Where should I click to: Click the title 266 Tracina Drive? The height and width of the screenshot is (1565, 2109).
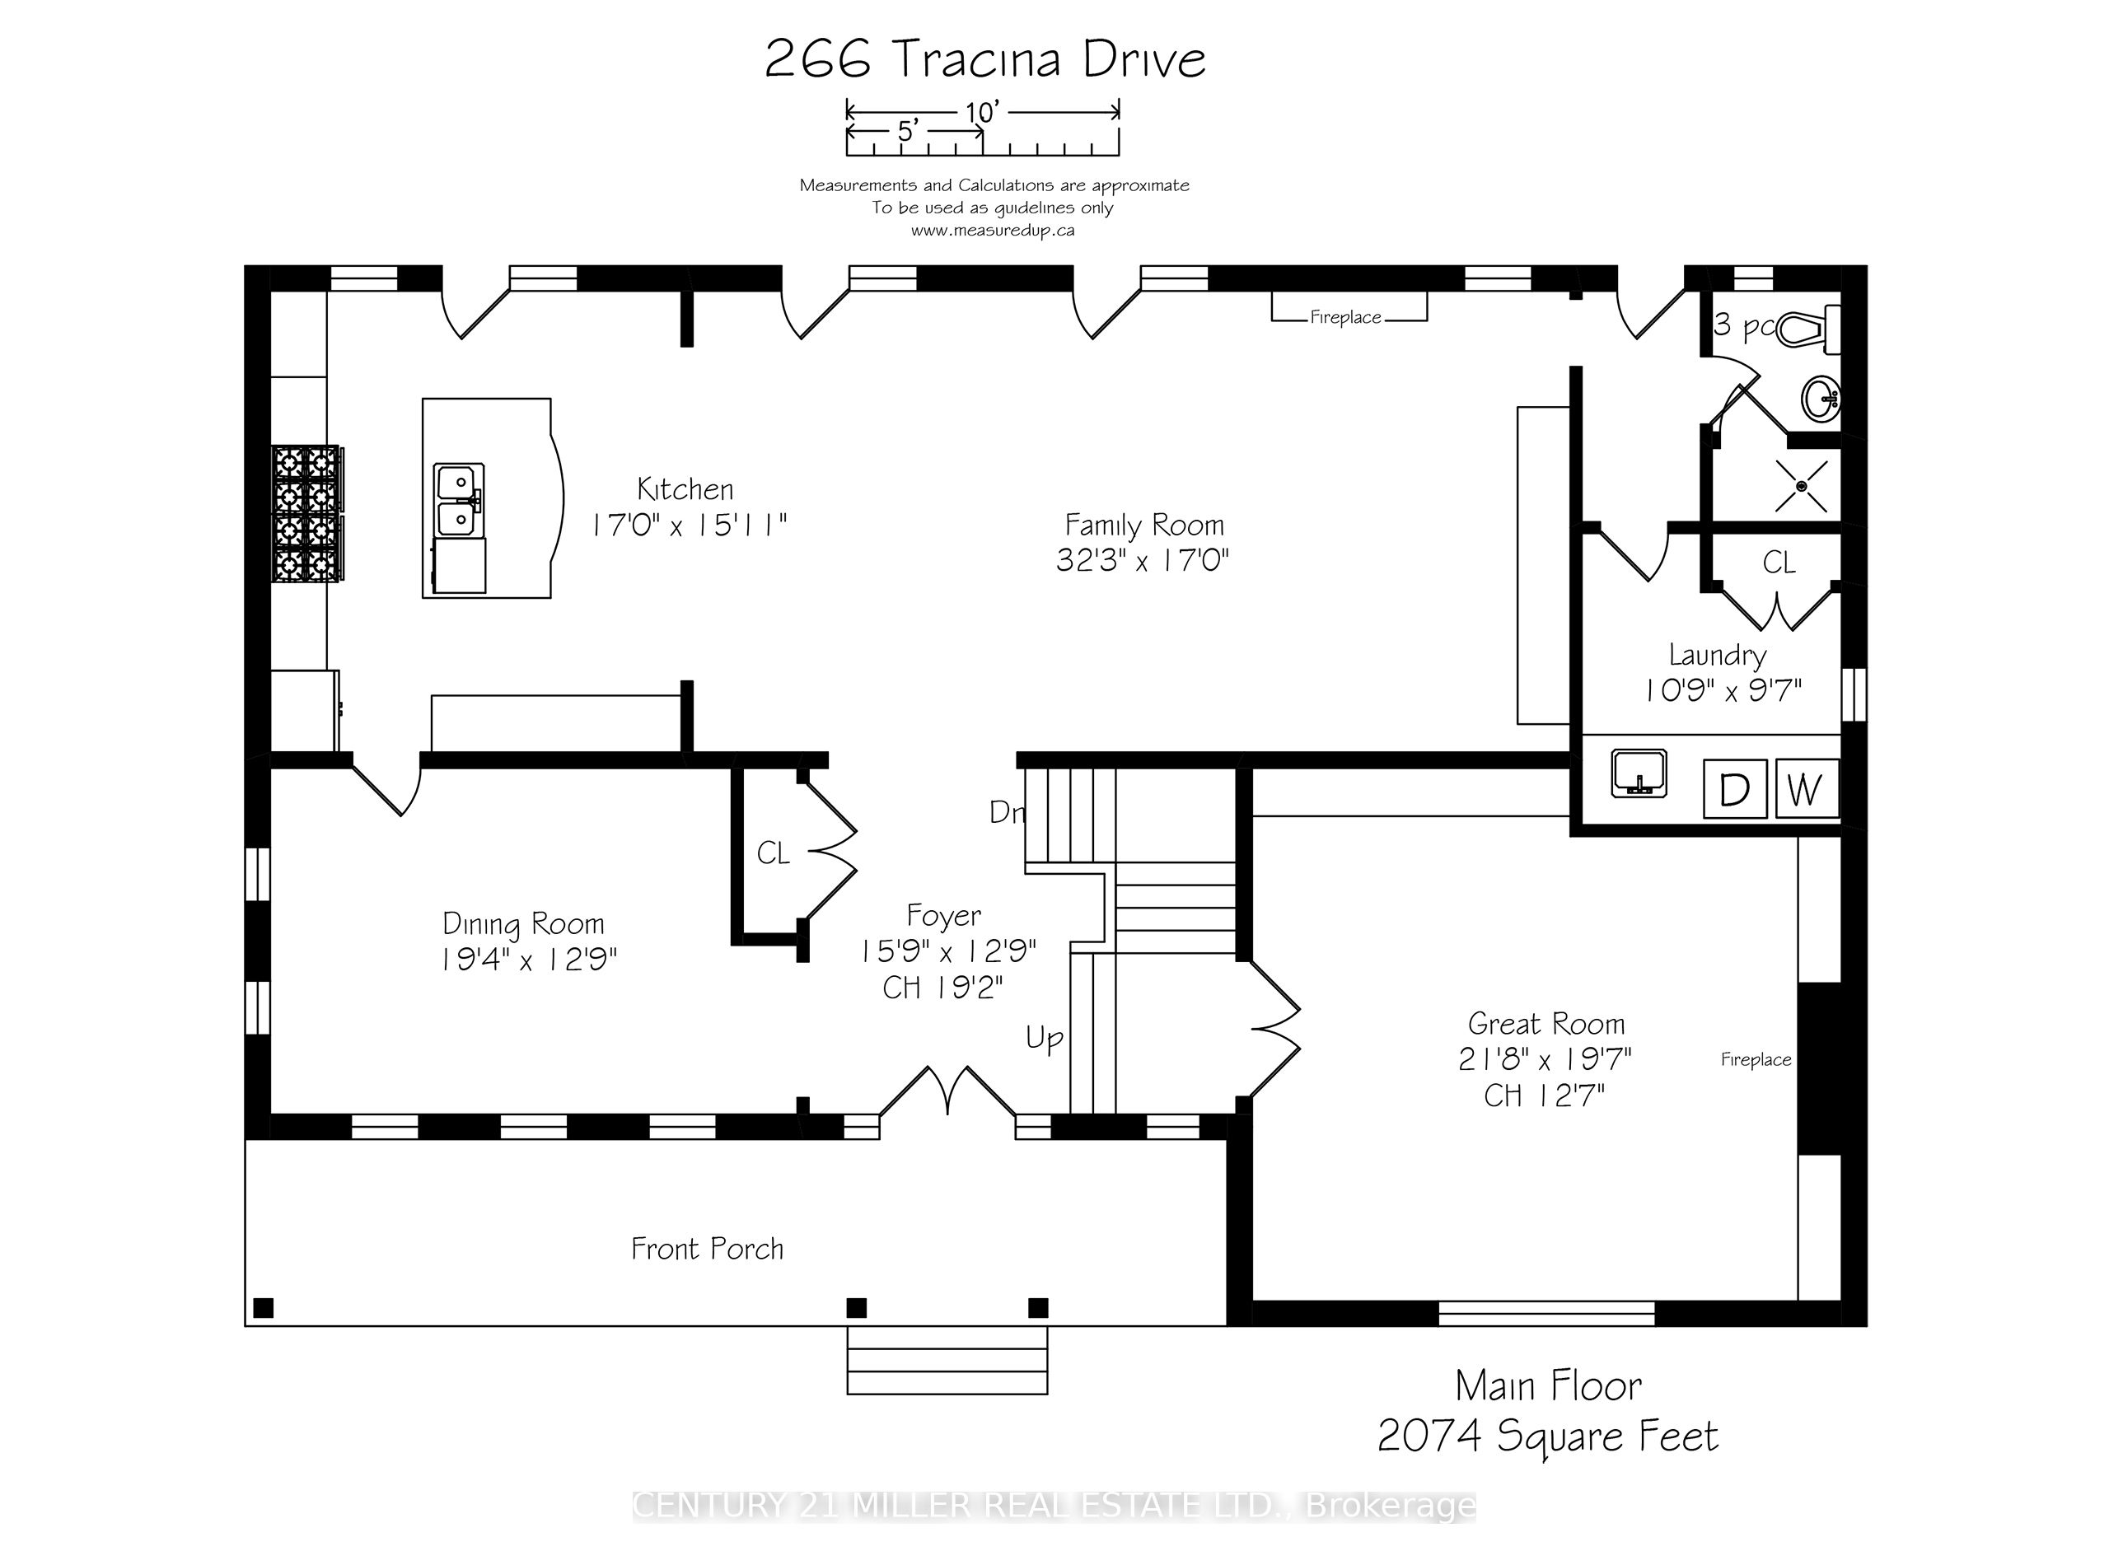(985, 59)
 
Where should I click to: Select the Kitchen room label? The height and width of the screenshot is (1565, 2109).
(685, 488)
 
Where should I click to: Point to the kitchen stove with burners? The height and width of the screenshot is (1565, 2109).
(308, 513)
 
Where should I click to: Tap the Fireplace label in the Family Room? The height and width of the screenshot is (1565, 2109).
(1345, 317)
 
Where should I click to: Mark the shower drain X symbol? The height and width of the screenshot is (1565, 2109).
(1801, 486)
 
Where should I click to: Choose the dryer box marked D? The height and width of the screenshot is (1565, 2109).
(1735, 788)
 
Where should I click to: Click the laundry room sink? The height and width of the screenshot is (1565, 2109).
(1639, 773)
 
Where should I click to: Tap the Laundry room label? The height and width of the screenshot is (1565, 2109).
(1718, 655)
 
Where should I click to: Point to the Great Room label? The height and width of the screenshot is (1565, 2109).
(1546, 1023)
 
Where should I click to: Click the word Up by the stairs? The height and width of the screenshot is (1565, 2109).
(1044, 1039)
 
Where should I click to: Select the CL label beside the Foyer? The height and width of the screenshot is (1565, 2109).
(773, 853)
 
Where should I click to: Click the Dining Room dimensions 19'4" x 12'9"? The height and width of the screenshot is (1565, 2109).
(529, 960)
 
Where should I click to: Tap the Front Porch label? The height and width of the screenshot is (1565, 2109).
(708, 1249)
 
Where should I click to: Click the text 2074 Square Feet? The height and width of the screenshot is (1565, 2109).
(1547, 1437)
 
